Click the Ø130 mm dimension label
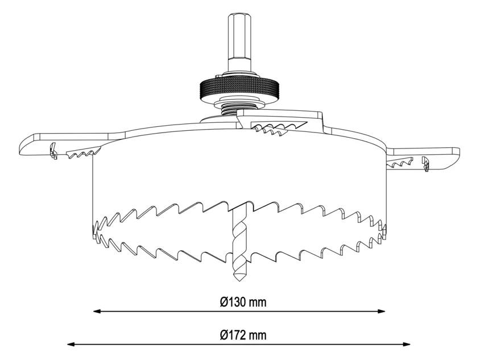(x=243, y=302)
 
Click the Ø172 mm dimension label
(x=243, y=334)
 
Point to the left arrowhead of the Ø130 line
(x=97, y=311)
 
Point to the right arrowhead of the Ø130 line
(x=382, y=311)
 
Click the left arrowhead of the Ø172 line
(x=71, y=345)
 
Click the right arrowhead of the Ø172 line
(x=407, y=345)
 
